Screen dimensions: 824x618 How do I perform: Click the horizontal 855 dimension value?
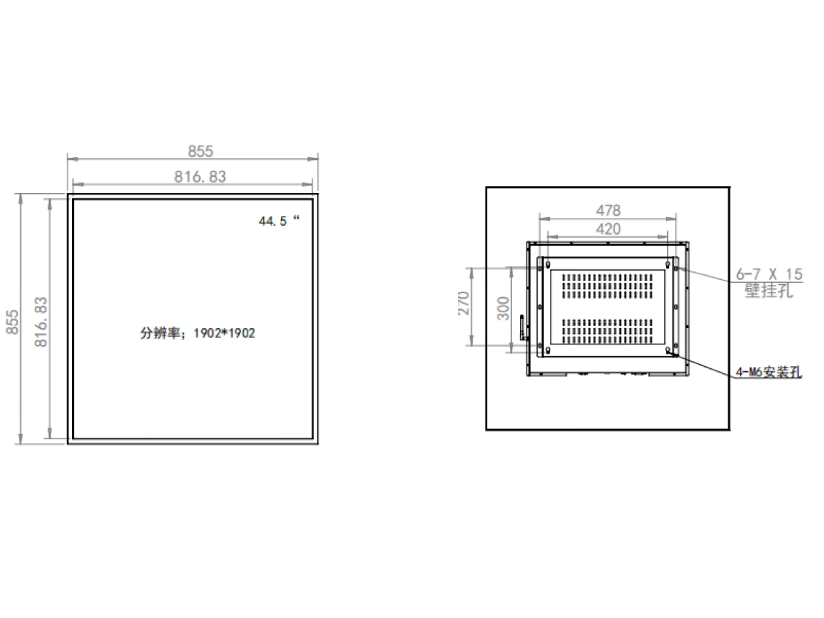[200, 151]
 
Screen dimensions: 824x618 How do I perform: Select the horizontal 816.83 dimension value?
[200, 177]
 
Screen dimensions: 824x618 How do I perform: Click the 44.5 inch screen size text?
[279, 221]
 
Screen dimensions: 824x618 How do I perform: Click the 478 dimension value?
[608, 210]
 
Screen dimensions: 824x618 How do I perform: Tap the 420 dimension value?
[608, 229]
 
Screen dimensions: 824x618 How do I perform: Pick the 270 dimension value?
[464, 303]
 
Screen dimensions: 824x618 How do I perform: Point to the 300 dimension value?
[503, 309]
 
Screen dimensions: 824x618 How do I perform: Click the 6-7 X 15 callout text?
[769, 274]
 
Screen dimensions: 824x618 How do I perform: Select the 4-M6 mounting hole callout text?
[768, 372]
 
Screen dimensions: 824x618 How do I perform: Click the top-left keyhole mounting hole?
[548, 264]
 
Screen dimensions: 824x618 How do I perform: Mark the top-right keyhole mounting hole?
[667, 264]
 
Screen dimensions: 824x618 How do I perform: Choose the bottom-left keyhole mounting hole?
[548, 349]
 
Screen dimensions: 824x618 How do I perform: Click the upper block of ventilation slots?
[607, 286]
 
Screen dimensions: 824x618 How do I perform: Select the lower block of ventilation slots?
[607, 331]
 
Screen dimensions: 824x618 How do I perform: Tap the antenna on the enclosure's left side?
[522, 327]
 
